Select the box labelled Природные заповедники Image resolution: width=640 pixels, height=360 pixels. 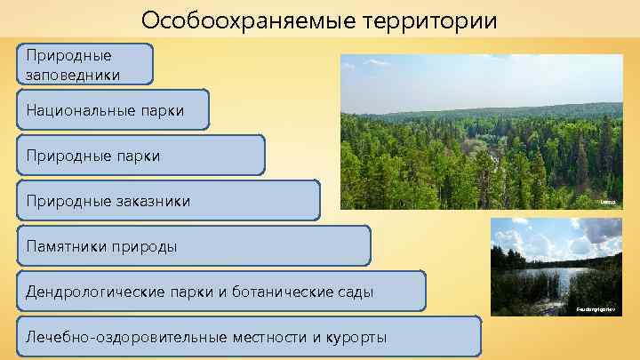pyautogui.click(x=85, y=64)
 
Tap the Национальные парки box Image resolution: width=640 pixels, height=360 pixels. pyautogui.click(x=112, y=110)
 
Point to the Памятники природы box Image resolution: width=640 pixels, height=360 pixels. pyautogui.click(x=192, y=246)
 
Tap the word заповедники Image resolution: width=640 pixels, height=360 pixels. pyautogui.click(x=73, y=74)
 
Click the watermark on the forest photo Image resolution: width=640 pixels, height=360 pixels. pyautogui.click(x=608, y=203)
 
